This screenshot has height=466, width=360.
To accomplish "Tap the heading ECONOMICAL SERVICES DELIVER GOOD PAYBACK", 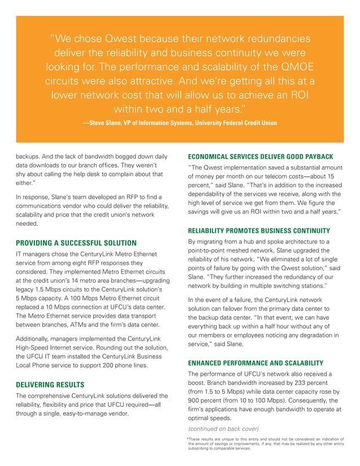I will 260,156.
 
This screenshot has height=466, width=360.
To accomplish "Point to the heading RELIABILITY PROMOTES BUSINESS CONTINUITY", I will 262,230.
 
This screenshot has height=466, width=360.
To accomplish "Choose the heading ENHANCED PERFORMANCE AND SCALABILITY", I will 255,362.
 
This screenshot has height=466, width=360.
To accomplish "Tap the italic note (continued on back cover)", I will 222,429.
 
